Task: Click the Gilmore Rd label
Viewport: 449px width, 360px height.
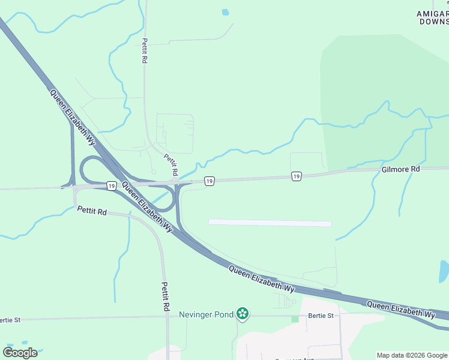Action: [400, 170]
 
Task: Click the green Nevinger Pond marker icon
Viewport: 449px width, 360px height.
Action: [243, 313]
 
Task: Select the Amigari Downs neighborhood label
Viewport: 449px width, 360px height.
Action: [433, 17]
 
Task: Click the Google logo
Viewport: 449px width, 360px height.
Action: [20, 352]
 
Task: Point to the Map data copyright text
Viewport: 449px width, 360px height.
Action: [412, 355]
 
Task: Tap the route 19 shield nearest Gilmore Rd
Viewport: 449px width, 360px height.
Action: [297, 176]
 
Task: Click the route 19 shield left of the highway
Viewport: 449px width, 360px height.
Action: [112, 186]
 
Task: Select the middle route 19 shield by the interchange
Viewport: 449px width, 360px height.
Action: [209, 181]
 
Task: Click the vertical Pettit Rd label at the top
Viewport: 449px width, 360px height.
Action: [145, 52]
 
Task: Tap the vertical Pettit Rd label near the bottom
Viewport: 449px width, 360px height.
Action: [165, 296]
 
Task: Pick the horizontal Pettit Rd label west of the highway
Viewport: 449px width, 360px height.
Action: [92, 211]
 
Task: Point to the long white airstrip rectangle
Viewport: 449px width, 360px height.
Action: [270, 223]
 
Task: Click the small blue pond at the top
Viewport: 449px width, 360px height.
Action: [225, 12]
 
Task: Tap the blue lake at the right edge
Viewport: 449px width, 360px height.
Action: [444, 271]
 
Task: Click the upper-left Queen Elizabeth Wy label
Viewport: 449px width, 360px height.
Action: [73, 117]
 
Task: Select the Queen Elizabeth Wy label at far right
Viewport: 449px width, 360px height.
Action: [401, 310]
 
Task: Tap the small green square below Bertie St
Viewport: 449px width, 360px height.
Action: [295, 319]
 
